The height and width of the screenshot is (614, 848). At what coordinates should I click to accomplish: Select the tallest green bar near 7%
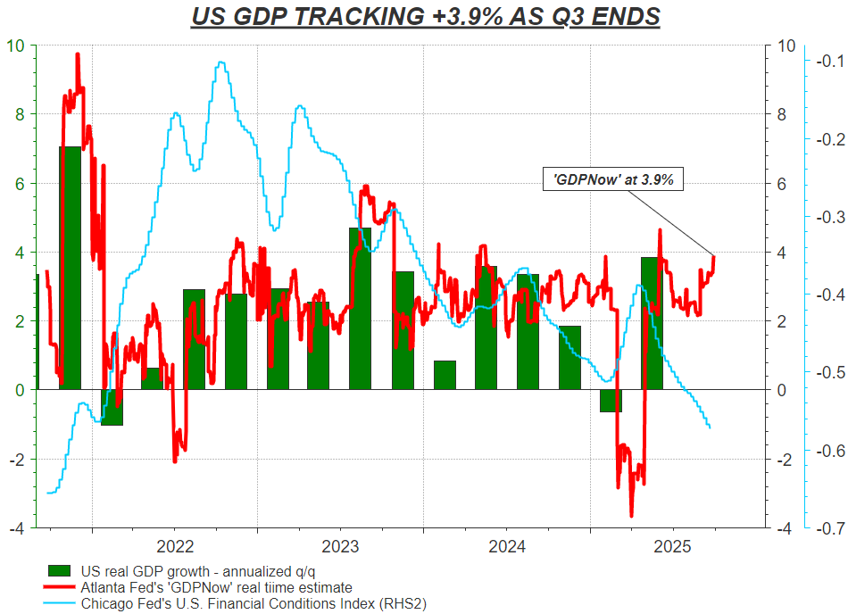pos(70,268)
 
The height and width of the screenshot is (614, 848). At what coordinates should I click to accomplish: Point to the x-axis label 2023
pos(340,545)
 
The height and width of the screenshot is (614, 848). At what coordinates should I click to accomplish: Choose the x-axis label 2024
pos(506,545)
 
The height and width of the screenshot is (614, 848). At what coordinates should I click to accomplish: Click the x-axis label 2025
pos(673,545)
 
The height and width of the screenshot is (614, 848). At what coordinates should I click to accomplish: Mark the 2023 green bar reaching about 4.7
pos(360,308)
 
